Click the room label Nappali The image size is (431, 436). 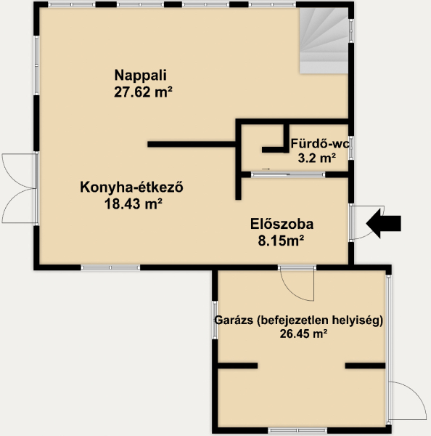pyautogui.click(x=141, y=76)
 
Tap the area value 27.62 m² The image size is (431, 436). pyautogui.click(x=143, y=92)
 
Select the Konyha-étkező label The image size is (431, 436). pyautogui.click(x=131, y=187)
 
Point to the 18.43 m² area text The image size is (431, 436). pyautogui.click(x=134, y=204)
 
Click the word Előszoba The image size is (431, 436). pyautogui.click(x=282, y=224)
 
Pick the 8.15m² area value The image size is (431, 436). pyautogui.click(x=281, y=241)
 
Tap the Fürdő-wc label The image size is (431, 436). pyautogui.click(x=320, y=144)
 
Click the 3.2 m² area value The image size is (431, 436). pyautogui.click(x=317, y=158)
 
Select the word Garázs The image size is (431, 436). pyautogui.click(x=234, y=320)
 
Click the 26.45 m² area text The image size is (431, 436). pyautogui.click(x=303, y=334)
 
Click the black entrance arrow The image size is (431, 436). pyautogui.click(x=384, y=224)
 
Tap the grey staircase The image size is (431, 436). pyautogui.click(x=324, y=41)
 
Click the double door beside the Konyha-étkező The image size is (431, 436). pyautogui.click(x=20, y=188)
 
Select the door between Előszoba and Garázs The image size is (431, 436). pyautogui.click(x=297, y=283)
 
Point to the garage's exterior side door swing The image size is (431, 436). pyautogui.click(x=407, y=400)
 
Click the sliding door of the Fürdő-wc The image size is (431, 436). pyautogui.click(x=288, y=174)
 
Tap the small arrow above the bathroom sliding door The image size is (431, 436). pyautogui.click(x=266, y=169)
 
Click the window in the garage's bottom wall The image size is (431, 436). pyautogui.click(x=297, y=430)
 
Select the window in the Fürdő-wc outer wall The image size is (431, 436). pyautogui.click(x=351, y=148)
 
